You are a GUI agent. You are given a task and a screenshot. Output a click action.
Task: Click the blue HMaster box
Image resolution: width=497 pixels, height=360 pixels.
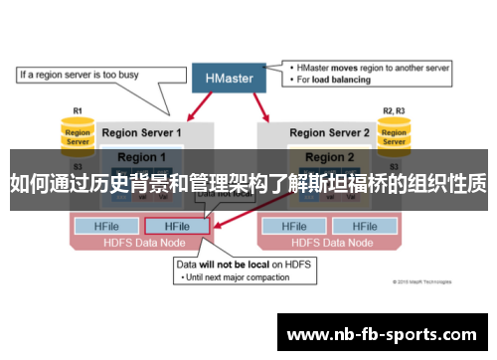[229, 77]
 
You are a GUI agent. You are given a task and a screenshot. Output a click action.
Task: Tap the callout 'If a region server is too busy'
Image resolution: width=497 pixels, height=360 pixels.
[82, 75]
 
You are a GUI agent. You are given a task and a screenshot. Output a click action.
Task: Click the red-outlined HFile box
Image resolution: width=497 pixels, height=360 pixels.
[177, 226]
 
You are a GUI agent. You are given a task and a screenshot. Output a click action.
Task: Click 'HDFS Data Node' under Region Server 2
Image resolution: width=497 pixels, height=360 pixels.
[328, 242]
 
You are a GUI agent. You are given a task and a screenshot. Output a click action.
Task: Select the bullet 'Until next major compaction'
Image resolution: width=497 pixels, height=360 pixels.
[238, 278]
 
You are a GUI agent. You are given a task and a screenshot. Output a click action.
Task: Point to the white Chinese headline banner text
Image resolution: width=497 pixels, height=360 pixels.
[248, 182]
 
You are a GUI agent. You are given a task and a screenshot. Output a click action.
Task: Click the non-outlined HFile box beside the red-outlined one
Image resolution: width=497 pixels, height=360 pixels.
[108, 226]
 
